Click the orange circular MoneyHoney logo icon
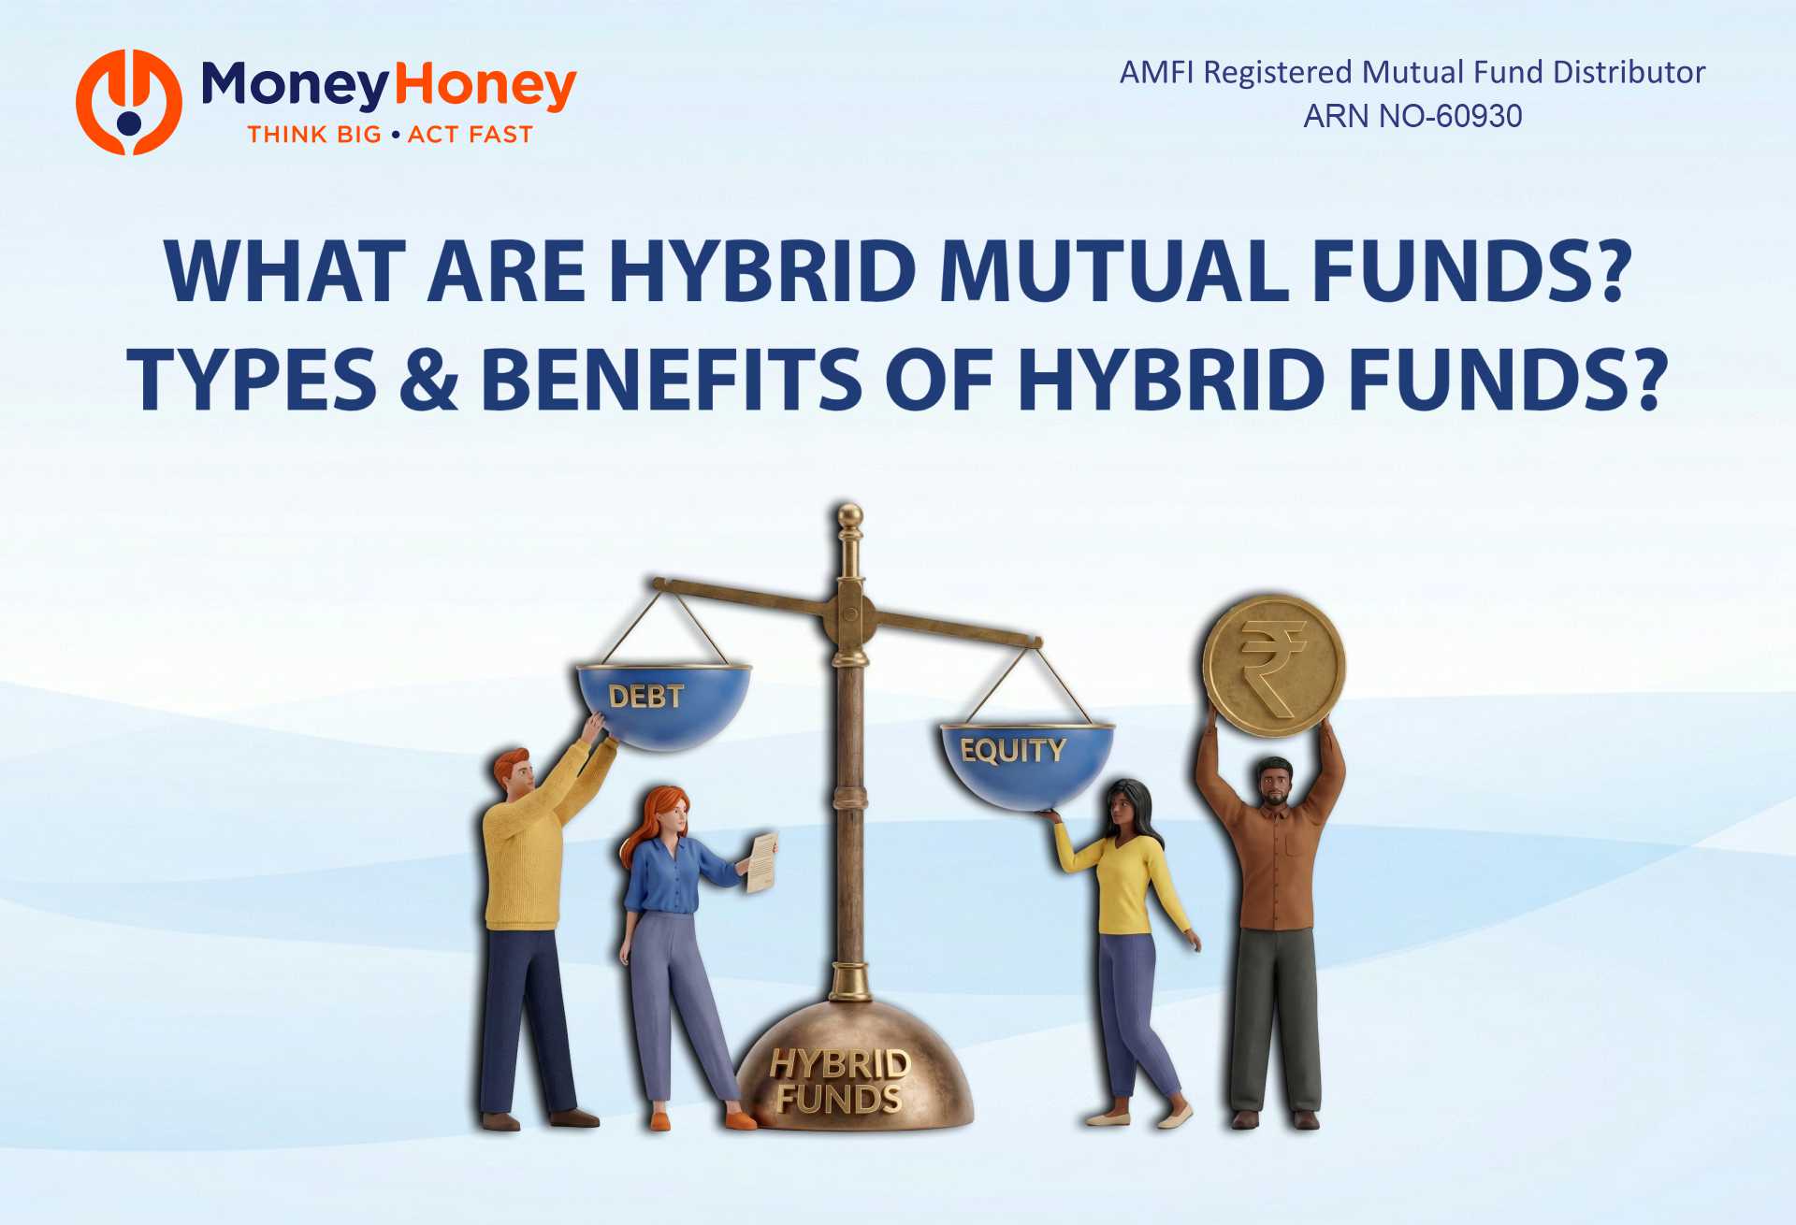click(x=129, y=102)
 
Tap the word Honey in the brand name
click(x=485, y=86)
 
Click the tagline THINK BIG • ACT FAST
click(x=390, y=135)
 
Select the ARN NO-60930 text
click(x=1412, y=116)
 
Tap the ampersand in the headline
click(x=428, y=379)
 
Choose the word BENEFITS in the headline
click(x=671, y=379)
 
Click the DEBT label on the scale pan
click(x=645, y=696)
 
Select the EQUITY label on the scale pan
click(x=1012, y=750)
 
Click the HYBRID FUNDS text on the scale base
click(x=839, y=1082)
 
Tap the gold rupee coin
click(x=1273, y=665)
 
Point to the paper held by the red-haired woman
click(x=762, y=861)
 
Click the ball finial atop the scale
click(x=849, y=515)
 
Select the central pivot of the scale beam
click(x=850, y=614)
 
